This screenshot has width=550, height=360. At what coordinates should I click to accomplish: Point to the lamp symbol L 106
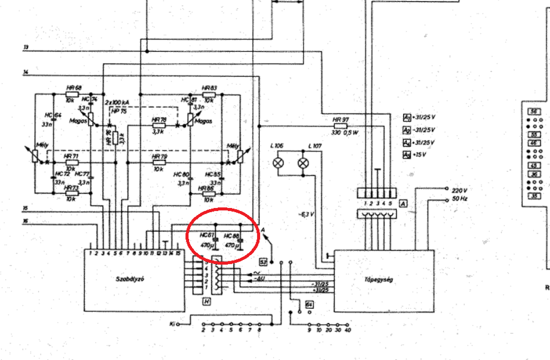point(279,163)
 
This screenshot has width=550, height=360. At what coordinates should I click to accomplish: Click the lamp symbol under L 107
point(304,163)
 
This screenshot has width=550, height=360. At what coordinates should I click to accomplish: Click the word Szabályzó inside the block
point(129,278)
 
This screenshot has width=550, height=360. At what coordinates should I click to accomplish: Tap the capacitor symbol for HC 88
point(240,240)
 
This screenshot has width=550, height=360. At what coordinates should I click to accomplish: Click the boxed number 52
point(263,261)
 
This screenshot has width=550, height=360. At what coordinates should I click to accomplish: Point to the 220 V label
point(460,190)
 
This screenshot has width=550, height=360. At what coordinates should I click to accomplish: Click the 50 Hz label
point(460,199)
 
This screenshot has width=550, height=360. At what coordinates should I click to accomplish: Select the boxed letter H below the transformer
point(207,302)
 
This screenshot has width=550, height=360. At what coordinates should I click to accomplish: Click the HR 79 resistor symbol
point(159,163)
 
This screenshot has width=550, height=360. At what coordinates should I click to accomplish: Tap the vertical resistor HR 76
point(115,138)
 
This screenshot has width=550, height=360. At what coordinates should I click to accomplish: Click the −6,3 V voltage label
point(306,214)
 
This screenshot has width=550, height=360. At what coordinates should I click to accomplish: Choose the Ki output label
point(172,323)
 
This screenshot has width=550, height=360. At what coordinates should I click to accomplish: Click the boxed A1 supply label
point(406,117)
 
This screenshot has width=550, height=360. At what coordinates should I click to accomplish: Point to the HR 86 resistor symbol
point(209,194)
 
